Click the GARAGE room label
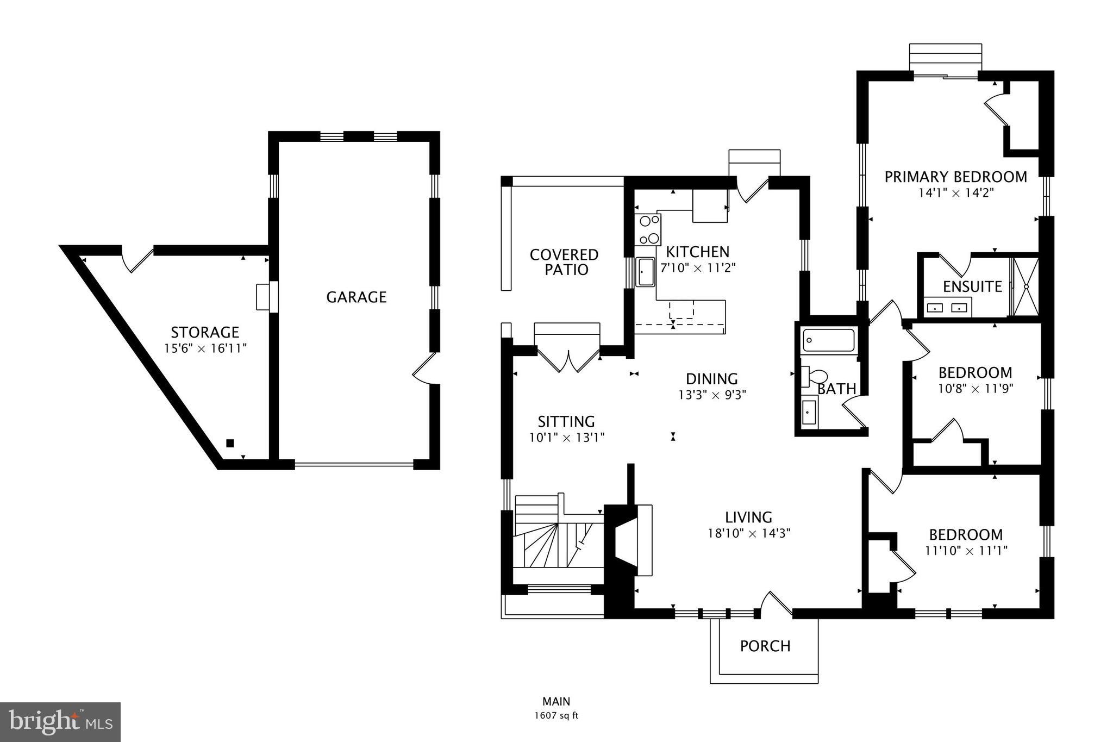tap(356, 297)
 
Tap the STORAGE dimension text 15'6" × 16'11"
tap(205, 348)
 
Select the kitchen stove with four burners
tap(648, 229)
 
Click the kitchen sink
tap(645, 272)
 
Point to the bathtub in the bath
tap(829, 340)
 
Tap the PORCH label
tap(765, 646)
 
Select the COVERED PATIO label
tap(564, 262)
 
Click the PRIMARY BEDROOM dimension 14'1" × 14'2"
tap(955, 192)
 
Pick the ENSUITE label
tap(972, 286)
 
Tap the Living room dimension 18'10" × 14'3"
tap(748, 533)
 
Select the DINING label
tap(711, 379)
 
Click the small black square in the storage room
tap(230, 443)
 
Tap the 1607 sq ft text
tap(556, 715)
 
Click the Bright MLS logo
tap(60, 722)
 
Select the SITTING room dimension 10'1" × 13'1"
tap(567, 437)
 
